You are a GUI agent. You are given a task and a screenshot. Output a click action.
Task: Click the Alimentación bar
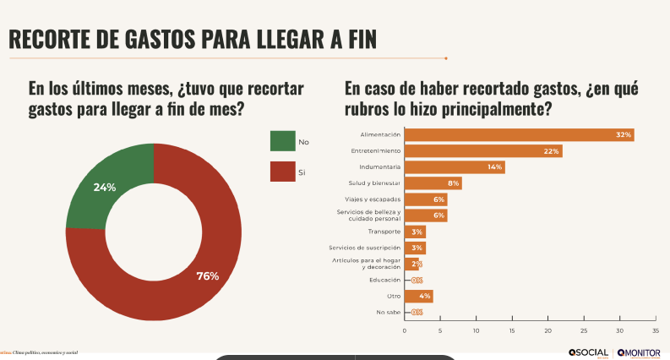point(519,134)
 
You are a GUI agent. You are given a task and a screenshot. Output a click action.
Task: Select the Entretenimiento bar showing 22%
point(482,150)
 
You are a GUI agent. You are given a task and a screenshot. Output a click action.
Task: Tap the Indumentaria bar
point(454,166)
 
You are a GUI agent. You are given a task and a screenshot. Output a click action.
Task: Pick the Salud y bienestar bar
point(433,183)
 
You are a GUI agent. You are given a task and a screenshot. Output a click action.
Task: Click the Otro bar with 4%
point(418,296)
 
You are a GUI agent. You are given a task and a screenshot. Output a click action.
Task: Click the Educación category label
point(384,280)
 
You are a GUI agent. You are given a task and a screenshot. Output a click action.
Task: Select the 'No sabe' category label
point(388,312)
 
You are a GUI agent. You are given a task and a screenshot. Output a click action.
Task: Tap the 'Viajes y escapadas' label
point(375,199)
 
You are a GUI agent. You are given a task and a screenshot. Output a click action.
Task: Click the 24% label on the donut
point(104,187)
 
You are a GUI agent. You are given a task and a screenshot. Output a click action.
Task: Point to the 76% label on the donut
point(207,275)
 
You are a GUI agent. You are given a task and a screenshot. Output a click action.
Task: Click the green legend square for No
point(282,141)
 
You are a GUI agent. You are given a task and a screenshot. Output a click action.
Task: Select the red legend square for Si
point(282,172)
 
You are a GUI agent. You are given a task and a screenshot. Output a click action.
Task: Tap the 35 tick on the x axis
point(656,330)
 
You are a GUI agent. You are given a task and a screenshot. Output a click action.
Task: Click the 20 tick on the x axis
point(548,330)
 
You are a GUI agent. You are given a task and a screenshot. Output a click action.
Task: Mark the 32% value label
point(624,134)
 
